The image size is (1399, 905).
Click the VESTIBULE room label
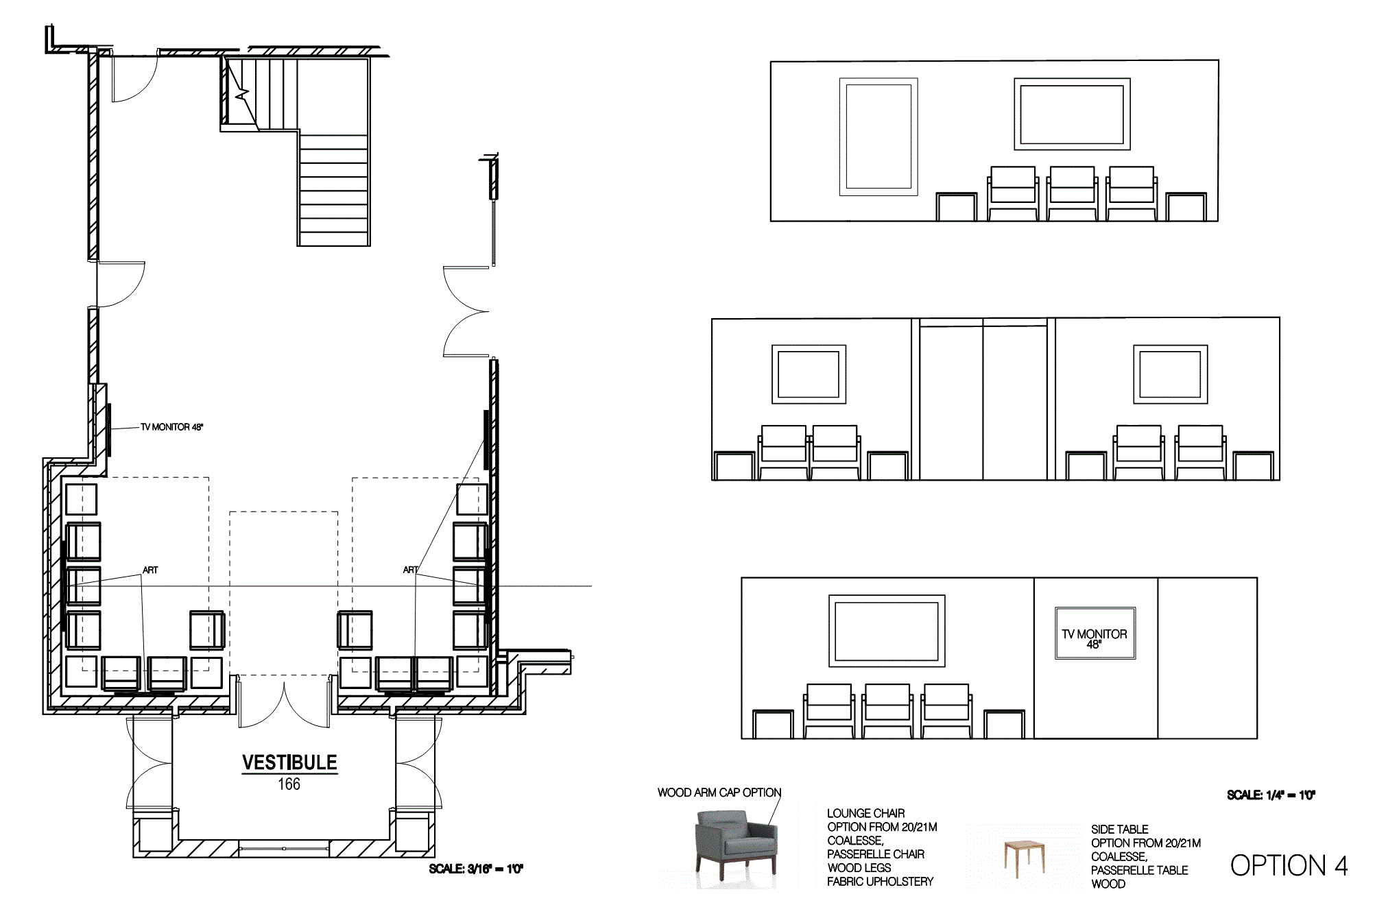tap(289, 762)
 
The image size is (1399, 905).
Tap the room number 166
tap(289, 784)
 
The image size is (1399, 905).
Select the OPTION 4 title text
tap(1289, 866)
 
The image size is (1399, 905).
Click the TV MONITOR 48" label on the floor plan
tap(172, 427)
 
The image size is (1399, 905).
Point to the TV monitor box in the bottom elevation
tap(1095, 633)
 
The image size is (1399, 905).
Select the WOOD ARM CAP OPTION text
tap(719, 793)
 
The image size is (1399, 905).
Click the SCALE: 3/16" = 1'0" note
tap(476, 869)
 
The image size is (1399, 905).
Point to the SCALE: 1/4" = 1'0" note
tap(1271, 795)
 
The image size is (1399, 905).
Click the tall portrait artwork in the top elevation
tap(878, 136)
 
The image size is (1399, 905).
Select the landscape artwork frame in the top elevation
tap(1072, 114)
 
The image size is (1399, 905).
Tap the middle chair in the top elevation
tap(1072, 193)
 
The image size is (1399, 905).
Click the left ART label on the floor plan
tap(150, 570)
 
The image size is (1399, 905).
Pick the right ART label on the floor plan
tap(411, 570)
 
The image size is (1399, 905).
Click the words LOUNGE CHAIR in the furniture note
tap(865, 813)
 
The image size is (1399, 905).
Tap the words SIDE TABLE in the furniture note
tap(1119, 830)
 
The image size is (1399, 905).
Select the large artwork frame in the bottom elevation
tap(887, 631)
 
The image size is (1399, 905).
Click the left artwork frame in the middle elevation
tap(809, 374)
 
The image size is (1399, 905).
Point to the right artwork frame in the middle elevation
tap(1170, 374)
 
